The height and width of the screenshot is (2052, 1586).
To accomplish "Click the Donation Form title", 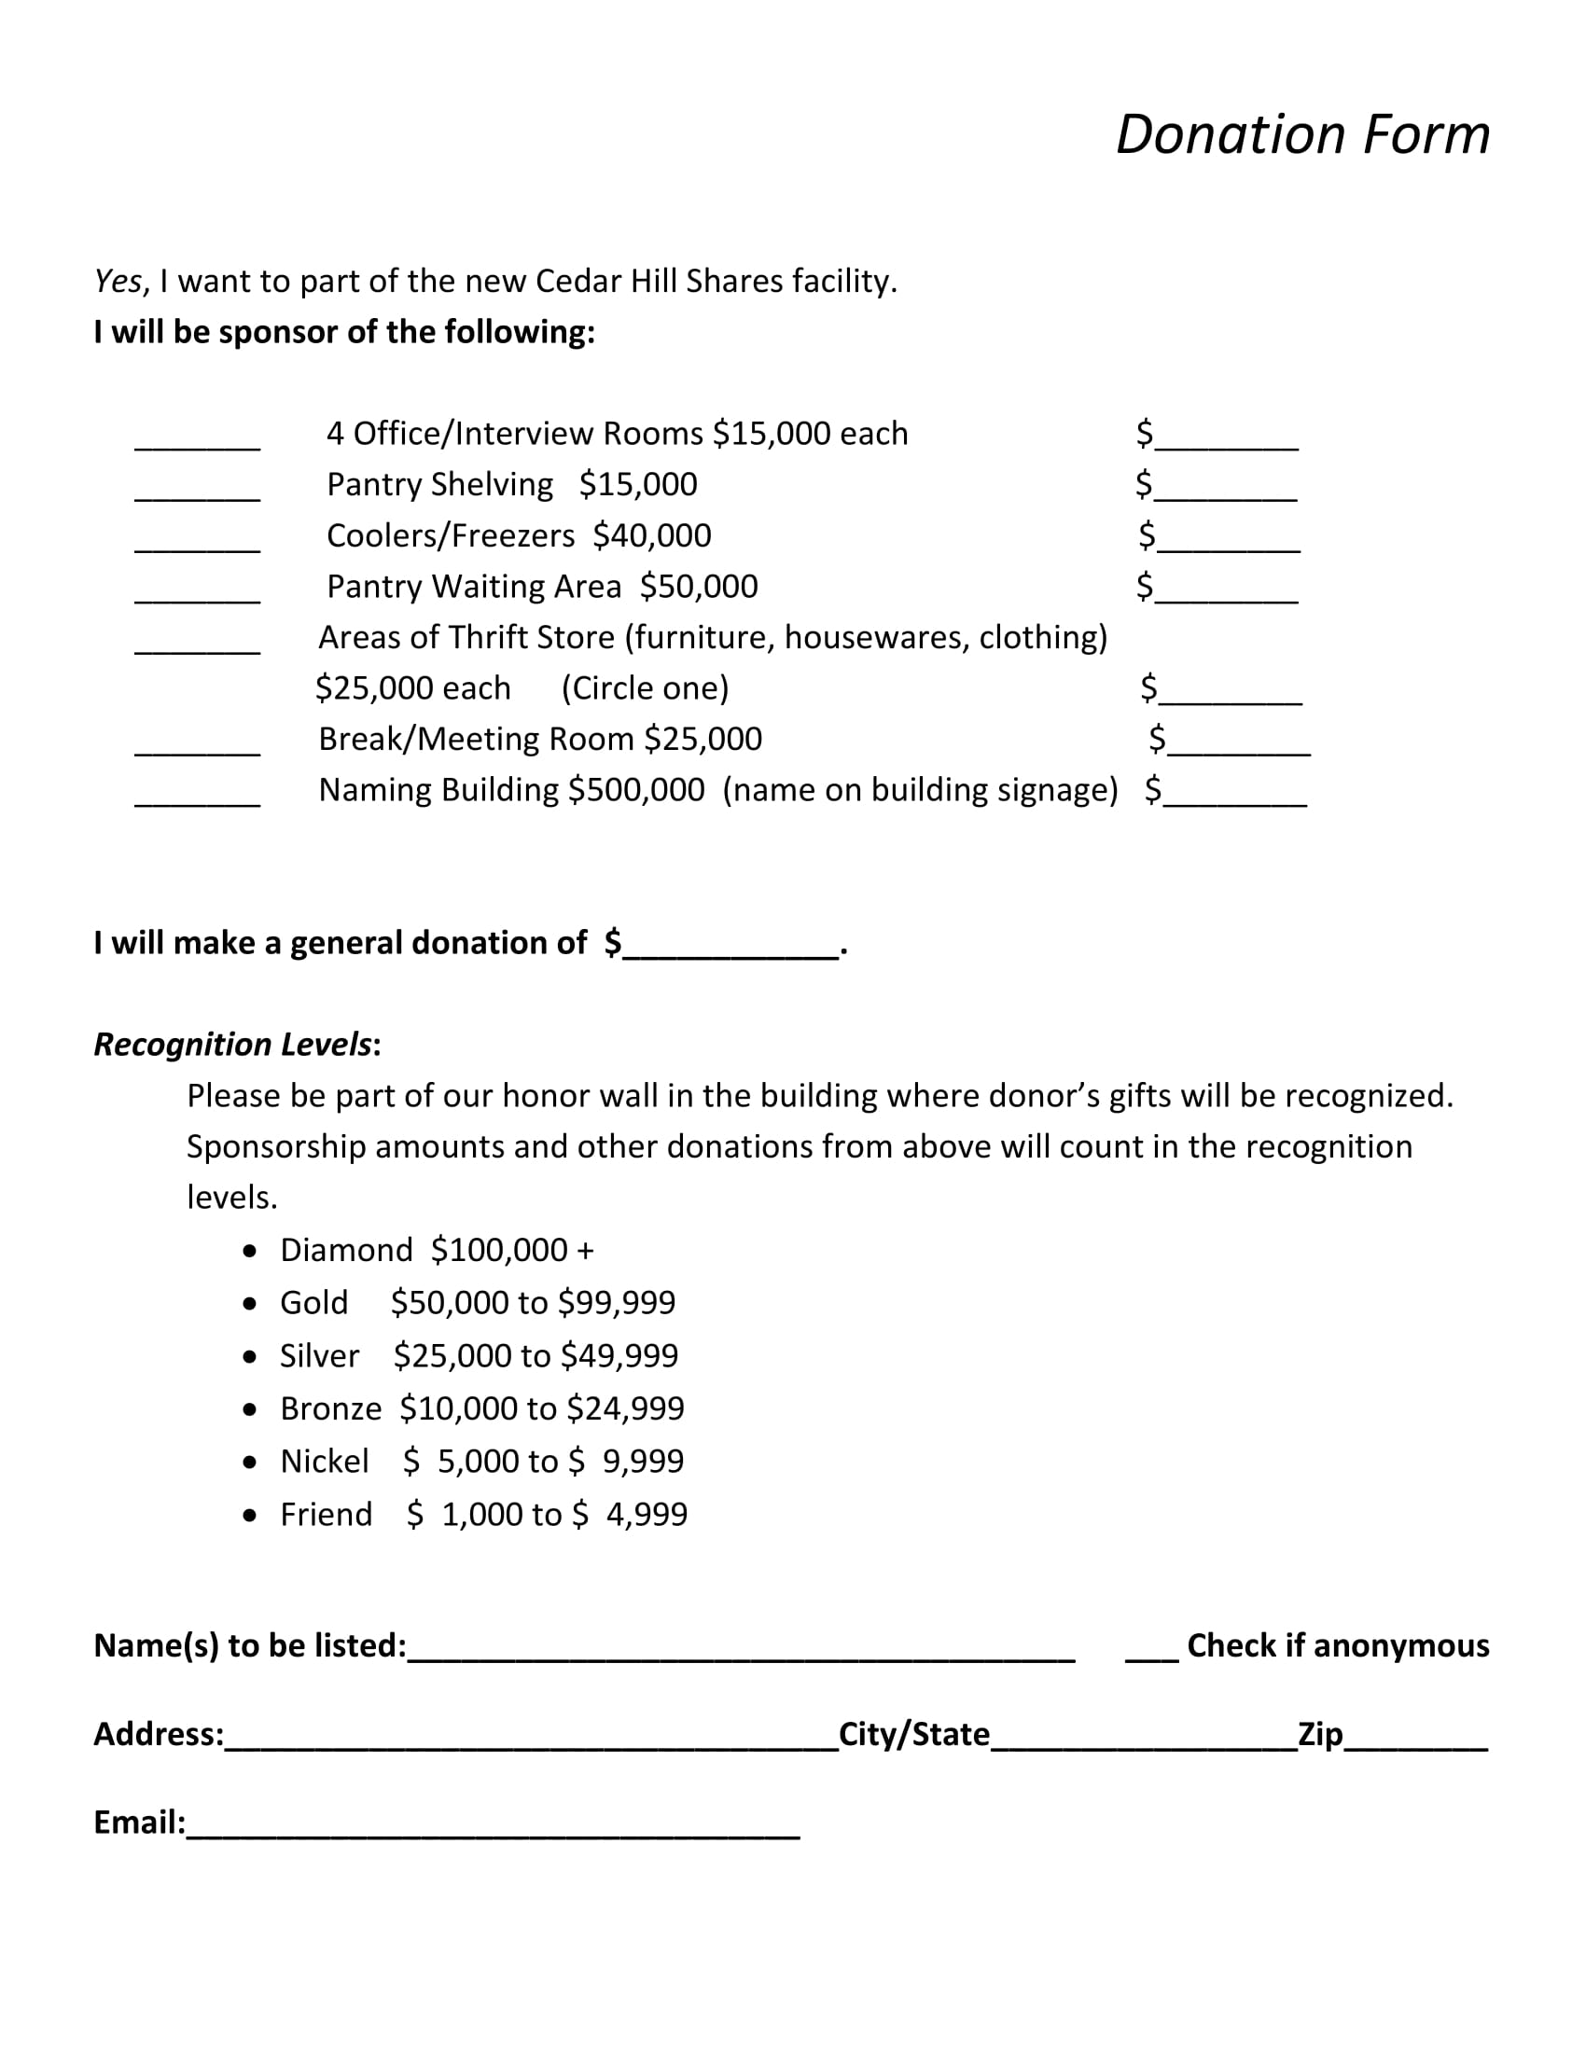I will click(x=1302, y=134).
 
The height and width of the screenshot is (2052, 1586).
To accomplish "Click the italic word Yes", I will click(x=118, y=281).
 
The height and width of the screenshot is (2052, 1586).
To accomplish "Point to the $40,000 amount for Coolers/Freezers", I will click(x=652, y=535).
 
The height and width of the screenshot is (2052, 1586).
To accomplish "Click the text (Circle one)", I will click(x=645, y=688).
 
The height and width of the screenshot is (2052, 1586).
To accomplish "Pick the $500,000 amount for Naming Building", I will click(x=636, y=790).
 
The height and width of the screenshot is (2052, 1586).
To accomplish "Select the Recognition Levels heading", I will click(x=233, y=1045).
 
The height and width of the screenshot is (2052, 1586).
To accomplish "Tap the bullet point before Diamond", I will click(x=249, y=1252).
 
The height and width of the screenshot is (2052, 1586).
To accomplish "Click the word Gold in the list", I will click(x=313, y=1303).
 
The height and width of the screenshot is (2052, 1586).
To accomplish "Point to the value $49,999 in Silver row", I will click(x=619, y=1356).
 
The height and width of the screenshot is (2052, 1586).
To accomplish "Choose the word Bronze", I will click(x=331, y=1408).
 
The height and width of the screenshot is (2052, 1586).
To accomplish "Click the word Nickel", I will click(x=324, y=1461).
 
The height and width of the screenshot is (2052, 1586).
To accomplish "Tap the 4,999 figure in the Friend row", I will click(x=647, y=1514).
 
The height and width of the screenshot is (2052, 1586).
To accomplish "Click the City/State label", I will click(x=913, y=1734).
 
